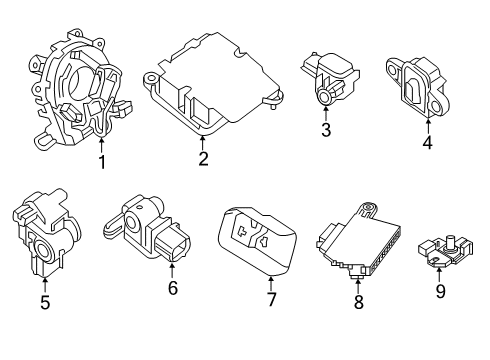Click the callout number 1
[101, 163]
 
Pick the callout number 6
[171, 289]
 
